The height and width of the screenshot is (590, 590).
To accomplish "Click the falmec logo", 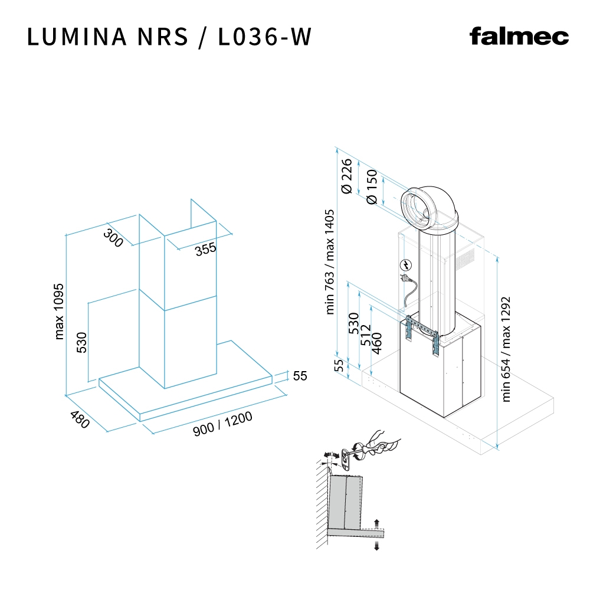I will point(519,37).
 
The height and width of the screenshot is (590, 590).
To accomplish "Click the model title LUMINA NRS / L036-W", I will point(169,37).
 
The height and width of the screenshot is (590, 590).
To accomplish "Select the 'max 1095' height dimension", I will point(59,311).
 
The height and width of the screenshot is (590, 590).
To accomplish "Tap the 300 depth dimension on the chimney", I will point(113,237).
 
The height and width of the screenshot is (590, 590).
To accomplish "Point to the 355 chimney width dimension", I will point(206,249).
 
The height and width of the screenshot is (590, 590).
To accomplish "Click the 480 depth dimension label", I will point(79,419).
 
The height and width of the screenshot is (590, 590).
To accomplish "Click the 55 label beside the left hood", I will point(300,376).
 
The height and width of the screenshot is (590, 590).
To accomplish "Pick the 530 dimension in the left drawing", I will point(81,343).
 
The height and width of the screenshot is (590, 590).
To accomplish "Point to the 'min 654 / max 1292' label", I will point(506,349).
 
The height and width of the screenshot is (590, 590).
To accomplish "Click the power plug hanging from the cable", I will point(406,280).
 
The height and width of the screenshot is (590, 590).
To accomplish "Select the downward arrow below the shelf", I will point(376,546).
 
